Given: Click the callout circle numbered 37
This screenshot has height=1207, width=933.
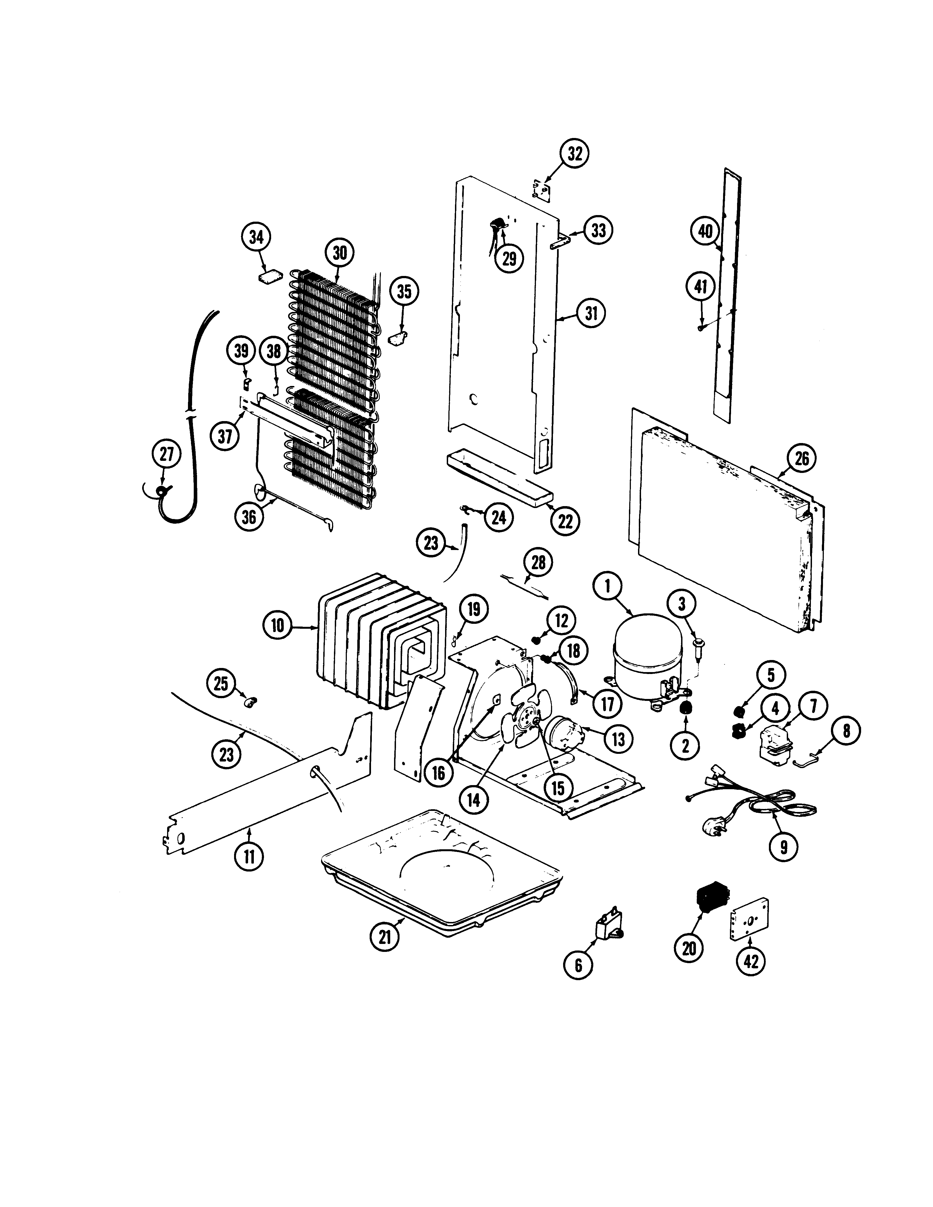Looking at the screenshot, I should tap(224, 437).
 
